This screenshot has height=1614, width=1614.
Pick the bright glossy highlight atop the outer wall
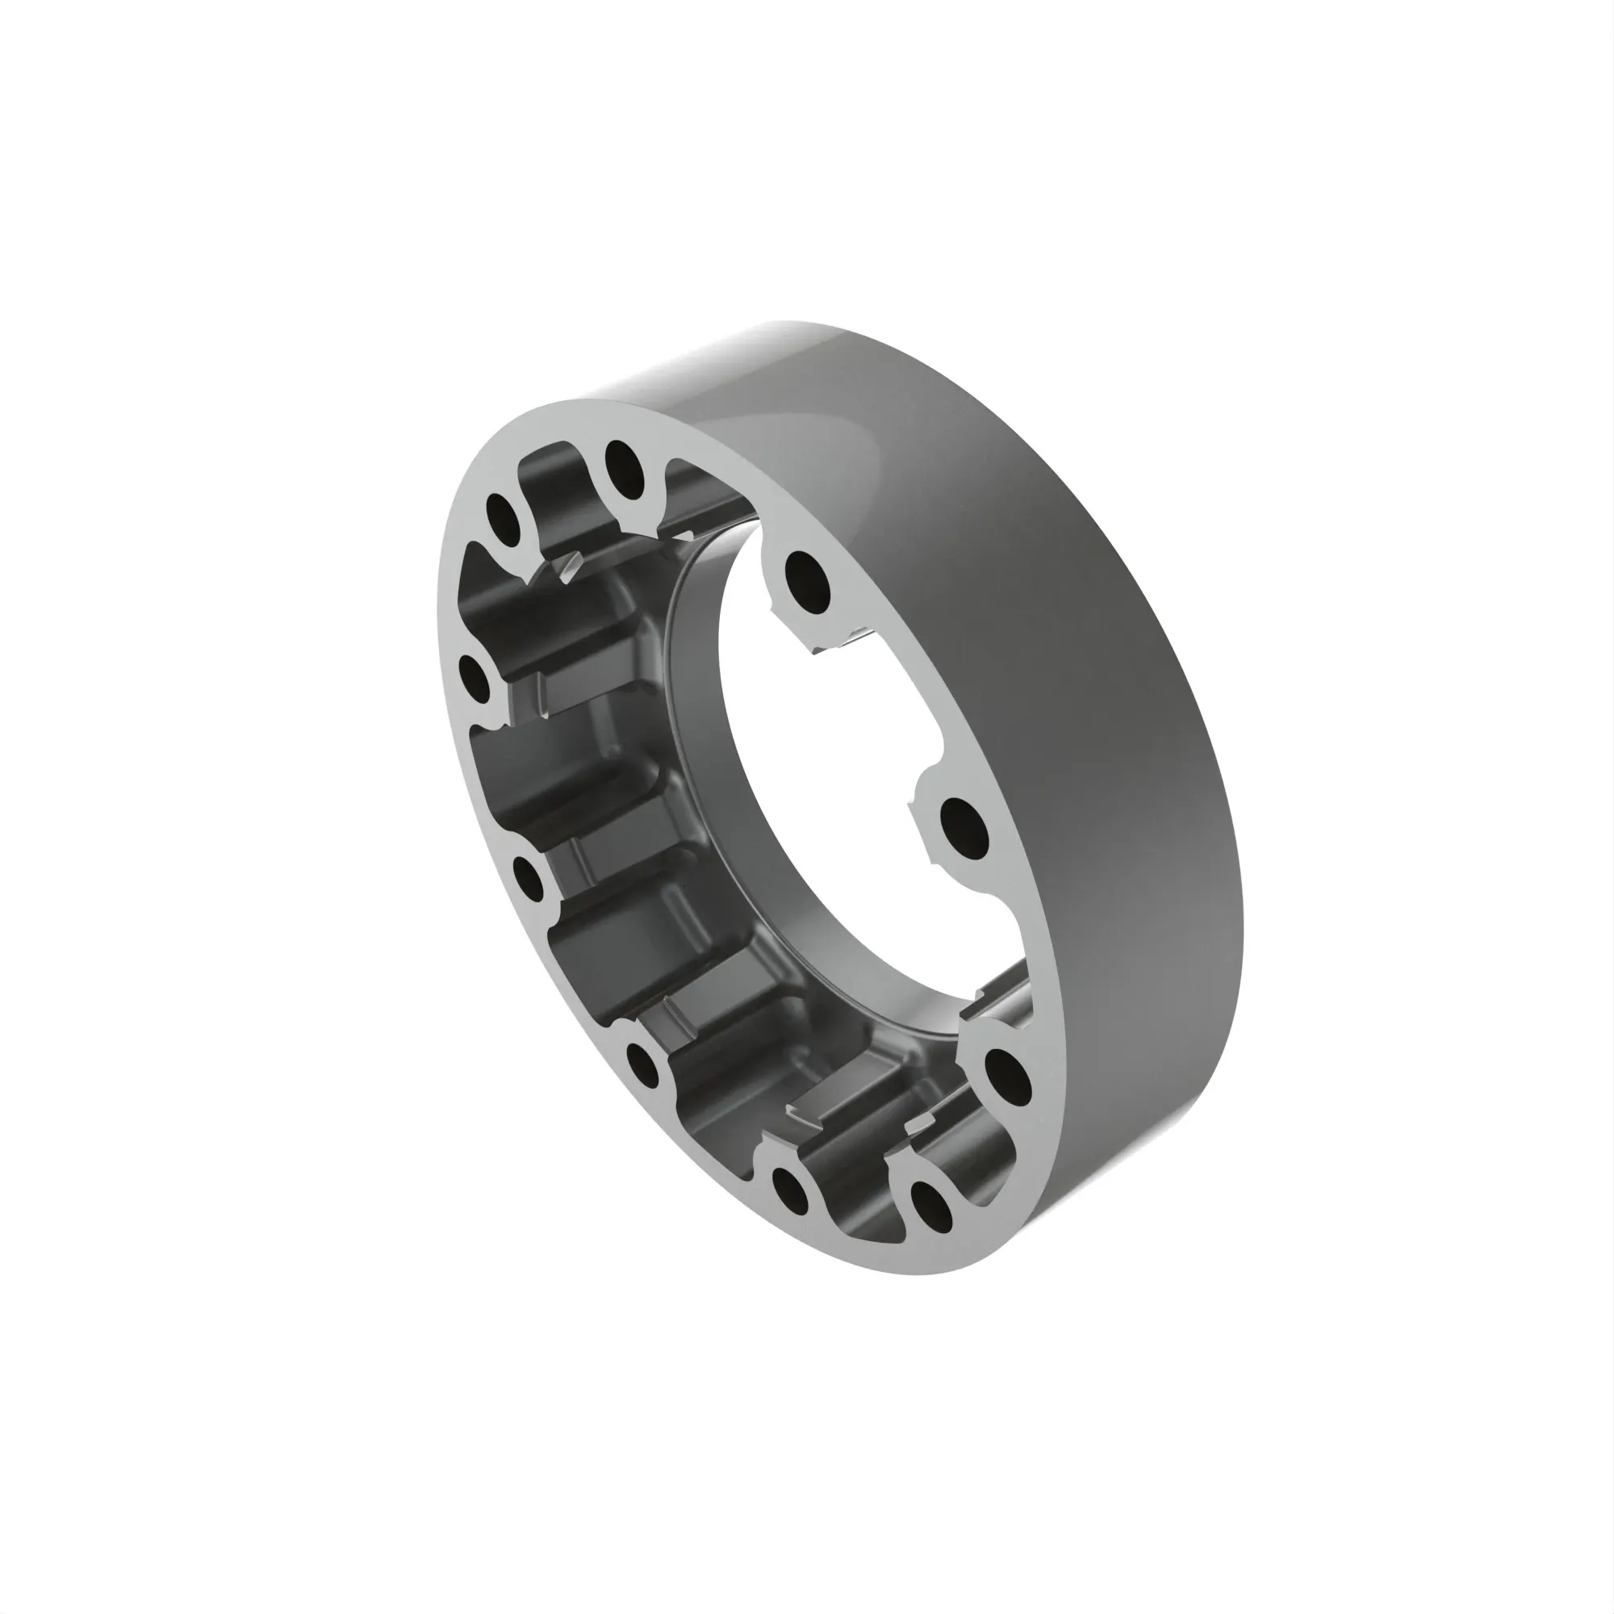click(x=752, y=351)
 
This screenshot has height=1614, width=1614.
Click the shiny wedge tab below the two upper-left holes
click(x=571, y=568)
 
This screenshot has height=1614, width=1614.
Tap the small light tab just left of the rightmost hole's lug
click(x=919, y=1123)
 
